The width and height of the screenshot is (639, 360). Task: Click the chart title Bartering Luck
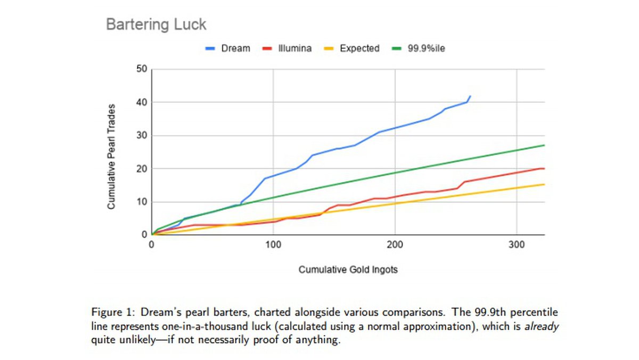click(x=156, y=24)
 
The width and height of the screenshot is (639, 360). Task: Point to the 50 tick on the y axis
click(x=141, y=69)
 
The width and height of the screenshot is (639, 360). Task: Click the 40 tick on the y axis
click(x=141, y=102)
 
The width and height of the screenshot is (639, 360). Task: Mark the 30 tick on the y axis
click(x=141, y=135)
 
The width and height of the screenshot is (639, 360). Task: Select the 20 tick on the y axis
click(x=141, y=169)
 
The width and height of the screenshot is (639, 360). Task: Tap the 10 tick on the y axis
click(x=141, y=202)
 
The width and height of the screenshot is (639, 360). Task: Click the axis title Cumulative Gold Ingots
click(x=348, y=269)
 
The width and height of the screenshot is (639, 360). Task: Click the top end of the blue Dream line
click(x=470, y=96)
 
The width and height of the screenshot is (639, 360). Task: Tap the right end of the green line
click(x=544, y=145)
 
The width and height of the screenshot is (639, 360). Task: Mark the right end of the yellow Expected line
click(x=544, y=184)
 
